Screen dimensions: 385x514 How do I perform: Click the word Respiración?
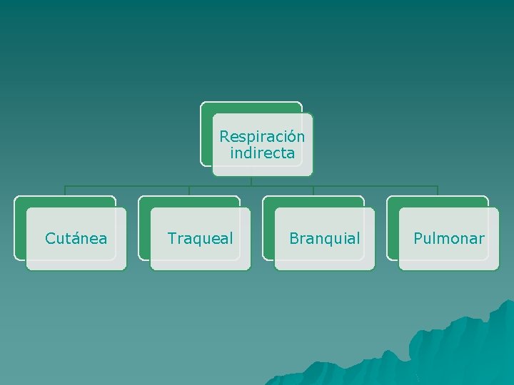pos(262,136)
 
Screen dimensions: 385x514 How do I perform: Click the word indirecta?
pos(262,153)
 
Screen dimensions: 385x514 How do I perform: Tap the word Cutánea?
pos(76,238)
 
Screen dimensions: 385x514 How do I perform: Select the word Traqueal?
pos(200,238)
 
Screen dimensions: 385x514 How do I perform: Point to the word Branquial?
pos(324,238)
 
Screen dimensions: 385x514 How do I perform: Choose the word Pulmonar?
pos(448,238)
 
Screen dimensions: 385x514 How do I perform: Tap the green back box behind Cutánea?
pos(20,228)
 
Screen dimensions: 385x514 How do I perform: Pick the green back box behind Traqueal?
pos(144,228)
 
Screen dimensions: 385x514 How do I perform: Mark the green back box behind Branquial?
pos(268,228)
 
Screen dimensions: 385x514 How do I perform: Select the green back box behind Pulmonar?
pos(393,228)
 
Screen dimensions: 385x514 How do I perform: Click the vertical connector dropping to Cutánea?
pos(65,191)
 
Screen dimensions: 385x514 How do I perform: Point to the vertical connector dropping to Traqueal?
pos(189,191)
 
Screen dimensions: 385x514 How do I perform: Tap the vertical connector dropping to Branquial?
pos(313,191)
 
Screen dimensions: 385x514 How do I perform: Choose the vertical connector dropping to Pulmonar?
pos(438,191)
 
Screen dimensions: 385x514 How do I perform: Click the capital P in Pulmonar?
pos(418,238)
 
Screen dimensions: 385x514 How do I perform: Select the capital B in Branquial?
pos(293,238)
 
